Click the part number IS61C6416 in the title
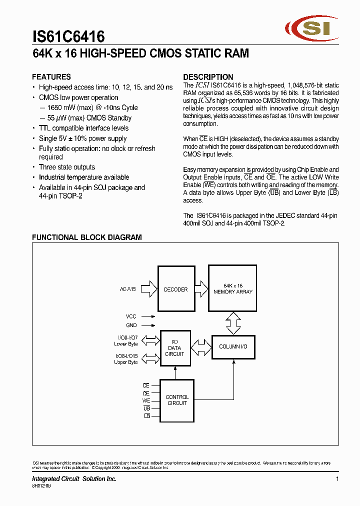click(x=68, y=37)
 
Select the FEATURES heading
click(x=51, y=77)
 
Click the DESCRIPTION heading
click(x=208, y=77)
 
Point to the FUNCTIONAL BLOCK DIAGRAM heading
click(x=87, y=237)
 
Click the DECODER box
click(x=175, y=289)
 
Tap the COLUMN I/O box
click(x=233, y=346)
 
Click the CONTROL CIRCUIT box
click(x=176, y=400)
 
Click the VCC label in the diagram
click(x=131, y=316)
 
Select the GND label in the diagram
click(x=131, y=325)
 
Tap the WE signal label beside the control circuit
click(x=146, y=400)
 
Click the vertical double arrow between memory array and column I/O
click(x=233, y=323)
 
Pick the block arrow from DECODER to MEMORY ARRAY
click(x=200, y=288)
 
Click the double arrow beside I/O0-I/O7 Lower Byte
click(x=149, y=340)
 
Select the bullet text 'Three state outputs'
click(x=67, y=167)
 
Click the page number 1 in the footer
click(x=337, y=479)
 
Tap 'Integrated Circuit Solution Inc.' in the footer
click(x=74, y=479)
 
